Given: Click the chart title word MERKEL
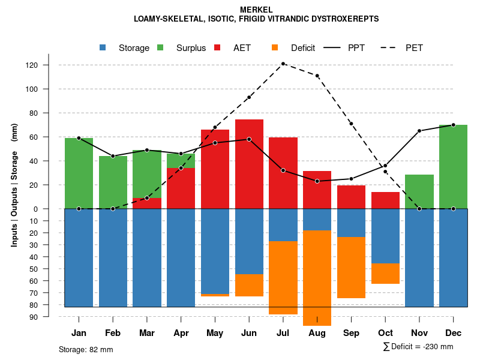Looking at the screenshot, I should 256,10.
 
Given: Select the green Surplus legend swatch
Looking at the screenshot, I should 160,48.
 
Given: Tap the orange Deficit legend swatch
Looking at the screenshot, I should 275,48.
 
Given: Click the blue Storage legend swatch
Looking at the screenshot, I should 103,48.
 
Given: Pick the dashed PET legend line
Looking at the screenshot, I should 391,48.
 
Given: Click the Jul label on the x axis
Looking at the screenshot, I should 283,333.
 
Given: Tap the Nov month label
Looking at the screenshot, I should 419,333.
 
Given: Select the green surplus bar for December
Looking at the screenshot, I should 453,167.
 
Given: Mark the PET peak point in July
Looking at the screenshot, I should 283,64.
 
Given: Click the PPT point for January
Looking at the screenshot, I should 79,138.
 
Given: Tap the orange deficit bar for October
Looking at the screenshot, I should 385,274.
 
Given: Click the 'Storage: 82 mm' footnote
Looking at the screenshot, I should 86,349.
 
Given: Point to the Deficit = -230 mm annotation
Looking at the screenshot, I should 418,347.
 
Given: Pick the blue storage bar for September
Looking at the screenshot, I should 351,223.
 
